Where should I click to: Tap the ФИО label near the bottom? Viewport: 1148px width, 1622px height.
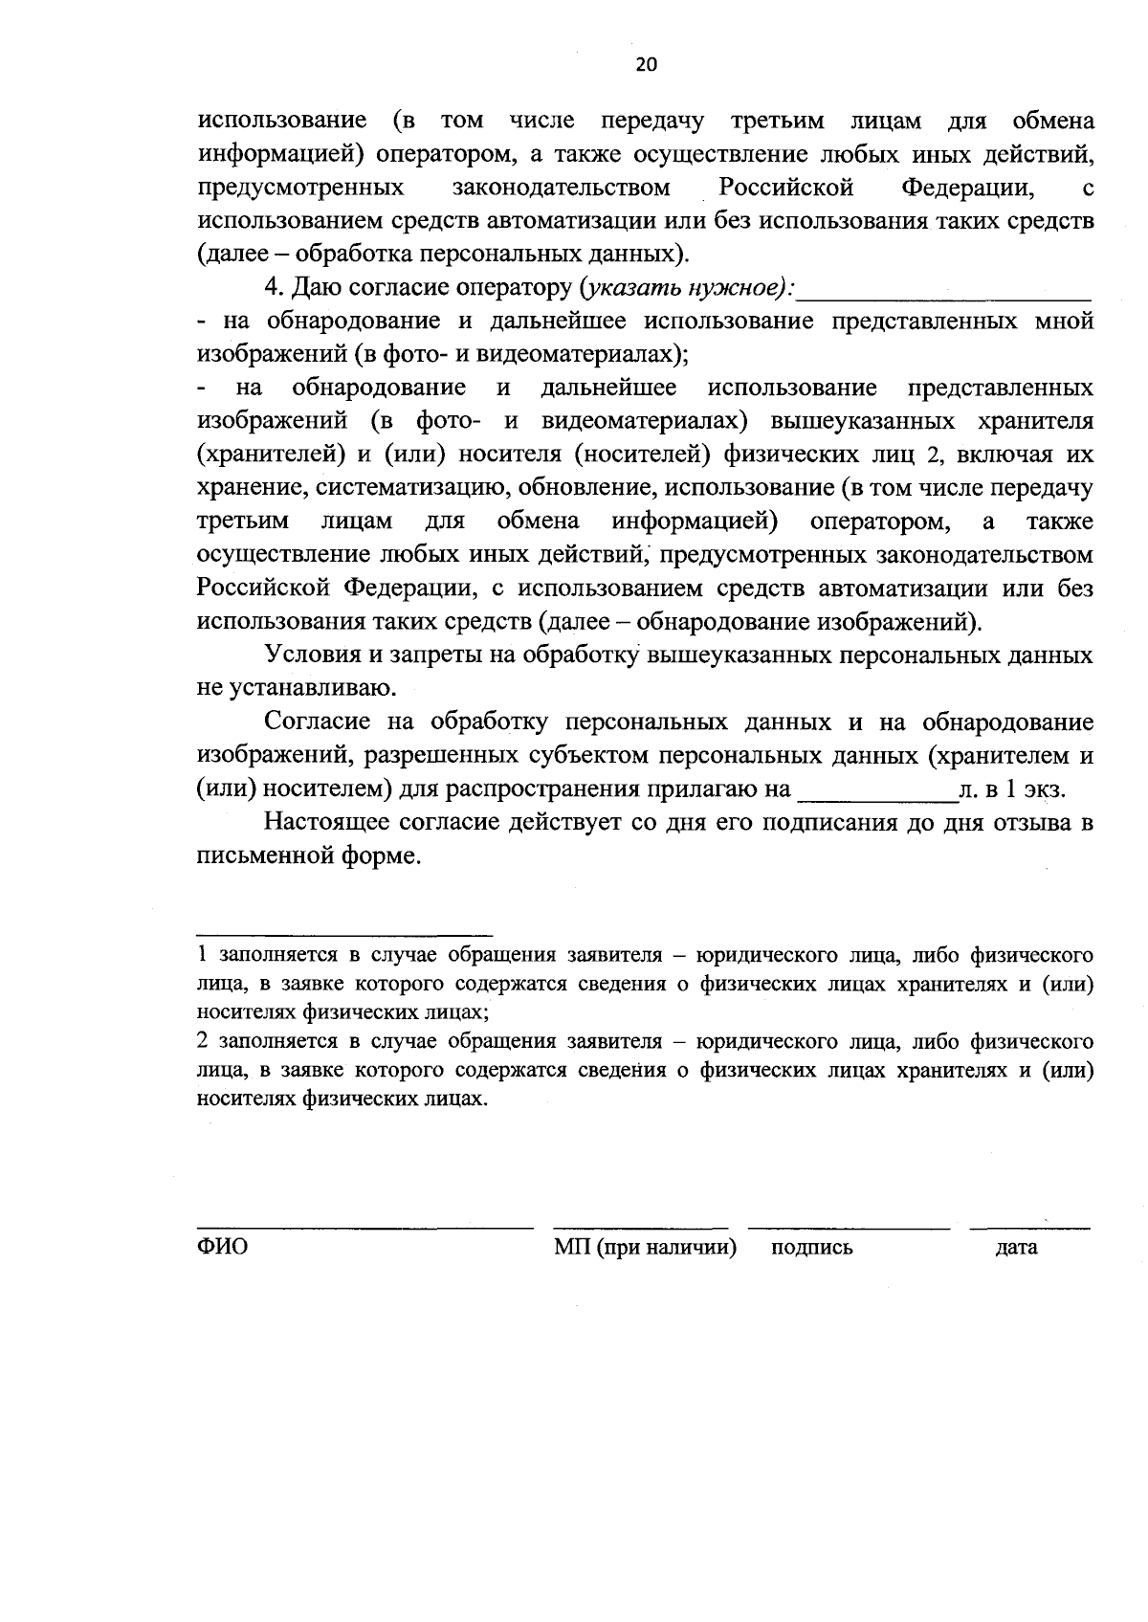[222, 1248]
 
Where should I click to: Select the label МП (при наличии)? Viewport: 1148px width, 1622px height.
[645, 1248]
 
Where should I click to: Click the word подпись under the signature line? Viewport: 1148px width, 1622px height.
[811, 1248]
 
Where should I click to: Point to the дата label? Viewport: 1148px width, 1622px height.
[1016, 1248]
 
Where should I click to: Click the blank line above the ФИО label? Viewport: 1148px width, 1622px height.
[364, 1227]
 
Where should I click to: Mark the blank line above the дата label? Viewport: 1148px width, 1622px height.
[1029, 1227]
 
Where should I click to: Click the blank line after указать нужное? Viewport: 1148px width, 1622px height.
[945, 299]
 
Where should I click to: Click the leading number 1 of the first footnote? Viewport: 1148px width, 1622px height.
[202, 955]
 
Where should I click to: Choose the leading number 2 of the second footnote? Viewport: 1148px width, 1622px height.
[202, 1040]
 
